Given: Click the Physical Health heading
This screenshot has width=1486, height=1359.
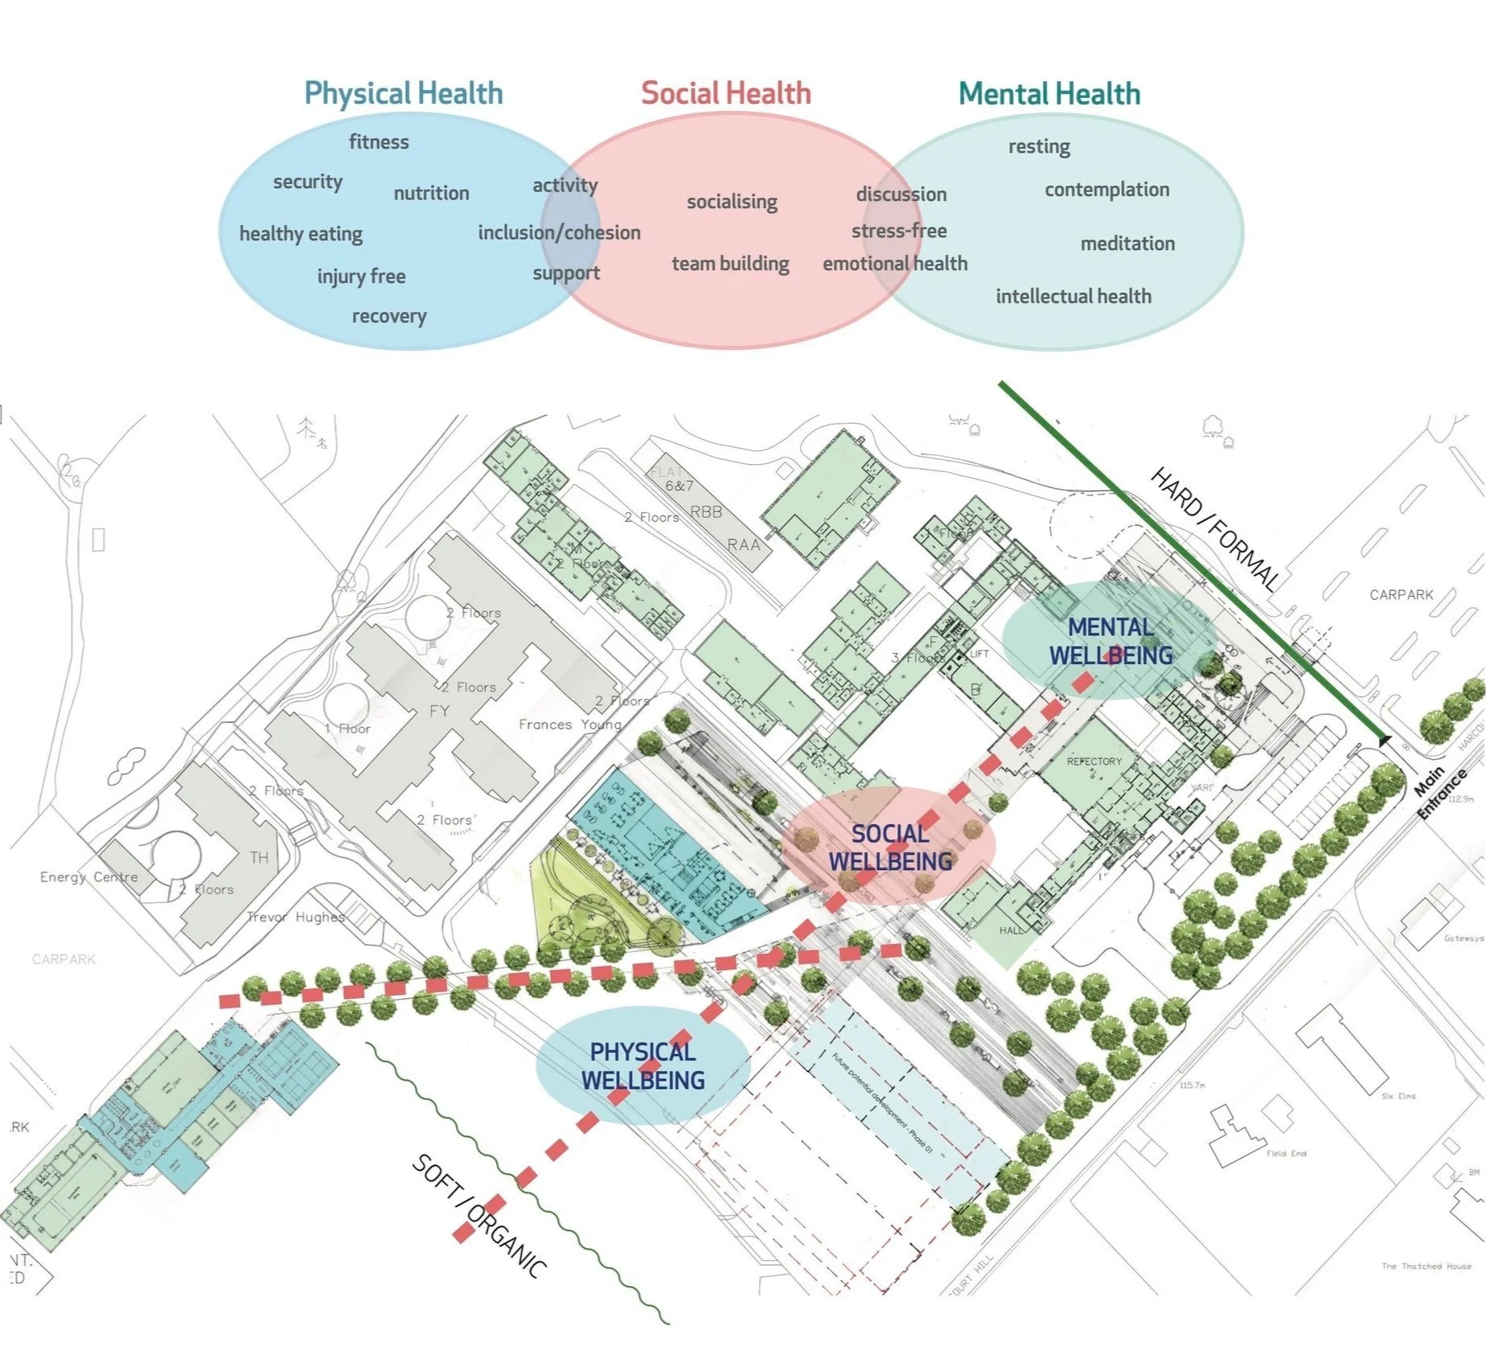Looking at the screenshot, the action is pyautogui.click(x=403, y=93).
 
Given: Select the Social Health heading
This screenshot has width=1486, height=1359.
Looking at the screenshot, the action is pyautogui.click(x=725, y=93).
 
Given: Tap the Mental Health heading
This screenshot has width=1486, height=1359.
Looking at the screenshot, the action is pyautogui.click(x=1049, y=94).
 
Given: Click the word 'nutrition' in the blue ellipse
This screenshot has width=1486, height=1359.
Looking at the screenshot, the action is pyautogui.click(x=431, y=193).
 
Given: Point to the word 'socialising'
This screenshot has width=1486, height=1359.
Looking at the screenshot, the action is pyautogui.click(x=732, y=201).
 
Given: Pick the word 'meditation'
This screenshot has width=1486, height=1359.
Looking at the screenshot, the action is pyautogui.click(x=1127, y=243).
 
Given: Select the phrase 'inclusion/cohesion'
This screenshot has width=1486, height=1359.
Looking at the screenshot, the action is pyautogui.click(x=559, y=232).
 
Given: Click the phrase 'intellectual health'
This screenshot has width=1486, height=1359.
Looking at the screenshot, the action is pyautogui.click(x=1073, y=296).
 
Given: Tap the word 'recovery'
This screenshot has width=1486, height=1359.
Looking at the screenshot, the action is pyautogui.click(x=389, y=316).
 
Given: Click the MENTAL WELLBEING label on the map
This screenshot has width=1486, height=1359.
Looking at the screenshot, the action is pyautogui.click(x=1110, y=641).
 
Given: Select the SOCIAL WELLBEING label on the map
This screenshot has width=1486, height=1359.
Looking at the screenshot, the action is pyautogui.click(x=890, y=848).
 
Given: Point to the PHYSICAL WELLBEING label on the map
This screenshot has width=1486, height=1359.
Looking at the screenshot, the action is pyautogui.click(x=643, y=1065).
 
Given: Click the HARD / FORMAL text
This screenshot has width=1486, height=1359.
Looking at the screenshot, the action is pyautogui.click(x=1214, y=529).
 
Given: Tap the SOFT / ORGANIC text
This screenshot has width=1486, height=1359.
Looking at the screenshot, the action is pyautogui.click(x=479, y=1215).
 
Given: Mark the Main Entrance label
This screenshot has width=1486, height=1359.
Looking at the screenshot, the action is pyautogui.click(x=1439, y=791).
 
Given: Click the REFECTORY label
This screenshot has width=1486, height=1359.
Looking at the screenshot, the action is pyautogui.click(x=1094, y=761).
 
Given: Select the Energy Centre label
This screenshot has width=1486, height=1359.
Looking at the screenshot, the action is pyautogui.click(x=88, y=877).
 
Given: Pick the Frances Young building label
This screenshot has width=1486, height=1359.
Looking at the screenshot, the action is pyautogui.click(x=569, y=725).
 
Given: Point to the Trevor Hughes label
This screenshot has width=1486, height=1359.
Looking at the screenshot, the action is pyautogui.click(x=295, y=917).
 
